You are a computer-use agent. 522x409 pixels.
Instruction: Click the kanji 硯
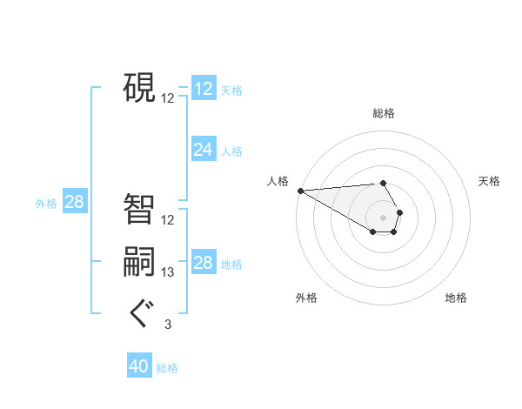click(x=139, y=87)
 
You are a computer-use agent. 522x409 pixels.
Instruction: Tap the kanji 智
click(x=139, y=209)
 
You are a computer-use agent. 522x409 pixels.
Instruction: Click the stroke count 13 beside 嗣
click(x=168, y=272)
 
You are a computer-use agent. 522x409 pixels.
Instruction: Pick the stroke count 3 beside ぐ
click(x=168, y=325)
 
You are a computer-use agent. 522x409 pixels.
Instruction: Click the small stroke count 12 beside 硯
click(x=168, y=98)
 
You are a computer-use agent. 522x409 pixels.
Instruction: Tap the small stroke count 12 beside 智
click(x=168, y=220)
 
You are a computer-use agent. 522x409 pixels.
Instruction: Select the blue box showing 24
click(x=203, y=150)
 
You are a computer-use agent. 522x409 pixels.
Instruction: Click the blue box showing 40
click(x=139, y=366)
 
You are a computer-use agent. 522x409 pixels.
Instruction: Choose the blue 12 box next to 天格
click(x=203, y=89)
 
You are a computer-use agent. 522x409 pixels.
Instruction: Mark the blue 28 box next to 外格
click(x=74, y=203)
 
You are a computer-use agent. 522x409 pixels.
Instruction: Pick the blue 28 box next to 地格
click(x=203, y=263)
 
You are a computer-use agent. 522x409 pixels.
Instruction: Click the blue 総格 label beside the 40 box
click(x=167, y=368)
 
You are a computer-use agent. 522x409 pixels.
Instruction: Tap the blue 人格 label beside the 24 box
click(x=231, y=151)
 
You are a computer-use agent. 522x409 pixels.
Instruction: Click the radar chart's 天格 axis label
click(x=489, y=181)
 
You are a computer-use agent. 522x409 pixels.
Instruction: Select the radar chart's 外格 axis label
click(x=306, y=298)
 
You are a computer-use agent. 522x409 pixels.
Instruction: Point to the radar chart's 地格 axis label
click(x=456, y=298)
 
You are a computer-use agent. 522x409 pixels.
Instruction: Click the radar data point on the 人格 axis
click(x=300, y=191)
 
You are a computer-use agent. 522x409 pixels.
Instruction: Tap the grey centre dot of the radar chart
click(x=383, y=217)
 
